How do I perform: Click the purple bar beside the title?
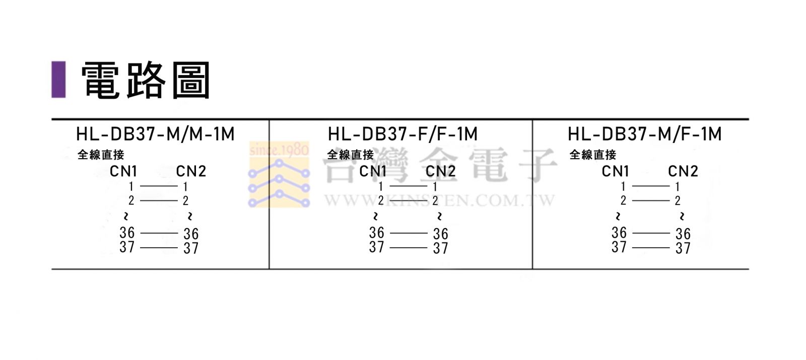tap(58, 80)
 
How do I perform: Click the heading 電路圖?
tap(146, 80)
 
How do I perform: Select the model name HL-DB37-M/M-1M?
tap(156, 134)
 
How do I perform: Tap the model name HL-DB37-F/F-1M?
tap(402, 134)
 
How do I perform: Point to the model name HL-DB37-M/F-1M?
tap(645, 134)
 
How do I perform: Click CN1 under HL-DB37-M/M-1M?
tap(123, 172)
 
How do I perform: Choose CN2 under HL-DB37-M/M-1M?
tap(191, 172)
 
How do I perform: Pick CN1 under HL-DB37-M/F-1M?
tap(615, 172)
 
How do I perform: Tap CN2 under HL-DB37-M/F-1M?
tap(683, 172)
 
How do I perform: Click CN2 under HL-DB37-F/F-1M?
tap(441, 172)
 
